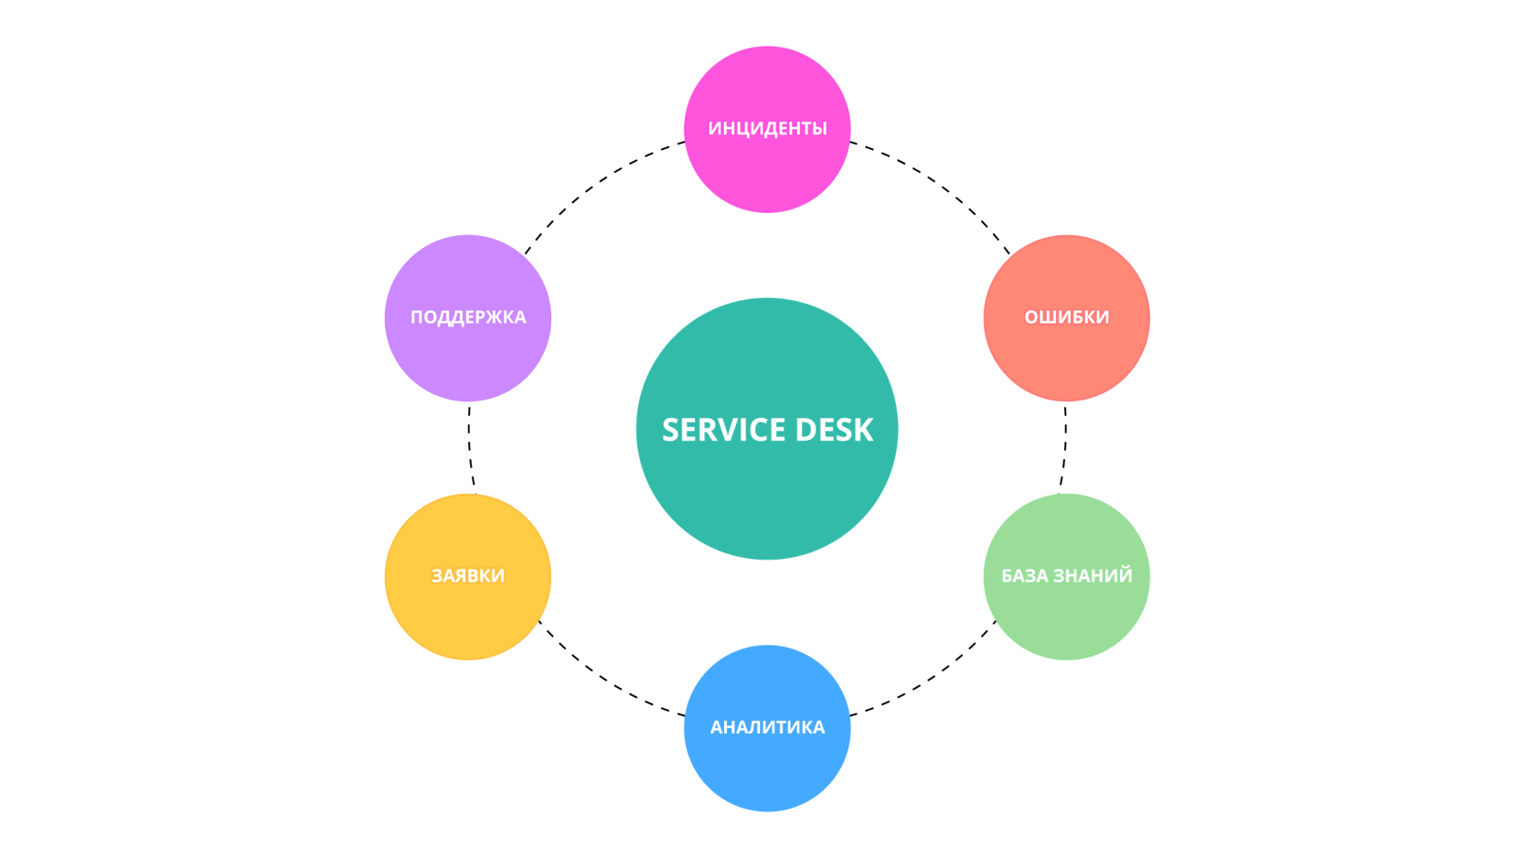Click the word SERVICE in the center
724,430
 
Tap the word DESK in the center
835,430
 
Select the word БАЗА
1024,575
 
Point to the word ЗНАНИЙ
1093,575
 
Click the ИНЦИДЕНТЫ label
767,128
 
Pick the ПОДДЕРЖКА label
468,317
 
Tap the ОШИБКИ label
1066,317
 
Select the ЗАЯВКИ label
468,575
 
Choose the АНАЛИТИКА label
767,727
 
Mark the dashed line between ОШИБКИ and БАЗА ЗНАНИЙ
1065,449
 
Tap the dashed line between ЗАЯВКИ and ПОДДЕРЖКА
470,449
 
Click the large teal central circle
767,429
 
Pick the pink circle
767,129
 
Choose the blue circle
767,728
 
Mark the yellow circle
468,576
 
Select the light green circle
1066,576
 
